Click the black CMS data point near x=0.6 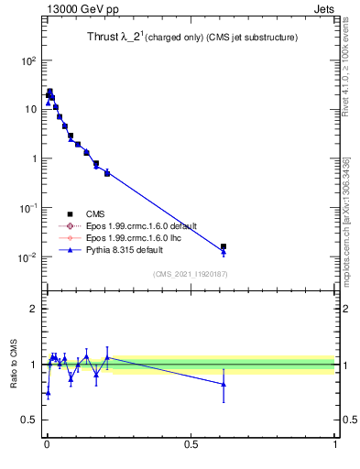(224, 246)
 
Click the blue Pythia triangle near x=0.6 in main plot (224, 252)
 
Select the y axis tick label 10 (29, 109)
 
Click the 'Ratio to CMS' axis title (13, 364)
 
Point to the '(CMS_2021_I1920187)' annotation (190, 274)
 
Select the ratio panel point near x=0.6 (224, 385)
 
